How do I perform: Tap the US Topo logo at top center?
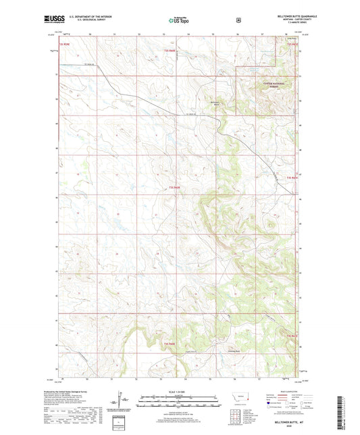tap(179, 20)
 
